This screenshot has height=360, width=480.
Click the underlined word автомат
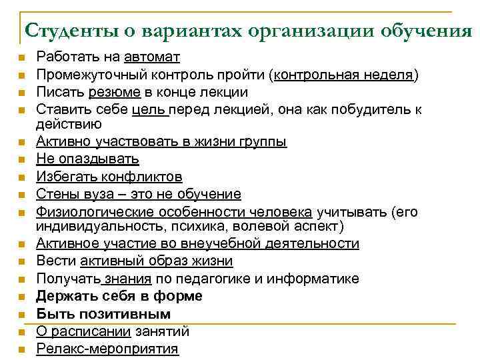click(152, 57)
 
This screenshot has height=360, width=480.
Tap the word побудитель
click(376, 109)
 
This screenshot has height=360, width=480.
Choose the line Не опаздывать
click(87, 159)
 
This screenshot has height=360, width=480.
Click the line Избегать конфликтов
click(109, 177)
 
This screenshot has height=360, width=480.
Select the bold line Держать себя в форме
click(119, 296)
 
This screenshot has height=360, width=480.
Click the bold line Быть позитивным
click(103, 313)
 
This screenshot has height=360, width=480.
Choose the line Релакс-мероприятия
click(107, 348)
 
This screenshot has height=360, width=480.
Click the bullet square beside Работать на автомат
click(21, 59)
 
